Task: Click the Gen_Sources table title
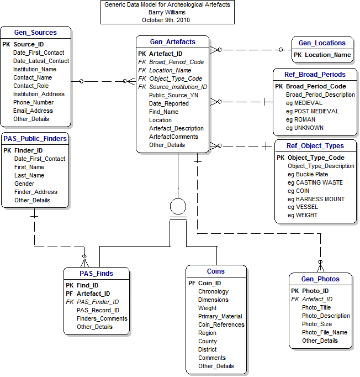point(36,33)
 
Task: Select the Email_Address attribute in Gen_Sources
point(33,111)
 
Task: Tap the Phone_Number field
point(33,102)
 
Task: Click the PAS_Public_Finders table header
point(35,139)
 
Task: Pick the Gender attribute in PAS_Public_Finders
point(24,184)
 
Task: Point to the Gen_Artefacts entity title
point(173,42)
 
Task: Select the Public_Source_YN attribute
point(173,95)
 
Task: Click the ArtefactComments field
point(173,137)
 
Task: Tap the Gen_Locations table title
point(322,43)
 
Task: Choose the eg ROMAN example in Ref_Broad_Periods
point(301,119)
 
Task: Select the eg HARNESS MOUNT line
point(315,199)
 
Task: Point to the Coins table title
point(215,271)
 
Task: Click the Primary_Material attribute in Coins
point(220,316)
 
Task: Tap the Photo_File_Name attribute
point(325,332)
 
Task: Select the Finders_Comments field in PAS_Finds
point(102,318)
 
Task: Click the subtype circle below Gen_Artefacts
point(178,207)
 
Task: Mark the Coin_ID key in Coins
point(209,283)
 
